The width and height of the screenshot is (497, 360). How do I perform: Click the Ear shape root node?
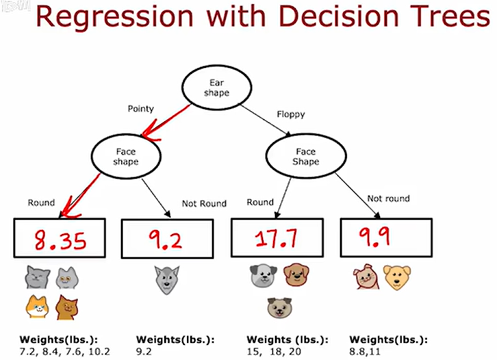216,88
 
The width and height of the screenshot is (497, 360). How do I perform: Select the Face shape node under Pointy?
125,157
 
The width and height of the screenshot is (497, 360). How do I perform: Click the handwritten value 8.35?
59,240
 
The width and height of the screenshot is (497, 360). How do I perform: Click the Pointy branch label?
141,108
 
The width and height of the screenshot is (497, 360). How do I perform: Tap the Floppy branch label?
290,114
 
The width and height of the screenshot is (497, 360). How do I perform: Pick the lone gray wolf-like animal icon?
166,278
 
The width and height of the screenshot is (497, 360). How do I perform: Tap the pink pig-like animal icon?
364,277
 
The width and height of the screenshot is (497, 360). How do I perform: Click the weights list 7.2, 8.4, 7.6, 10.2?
56,351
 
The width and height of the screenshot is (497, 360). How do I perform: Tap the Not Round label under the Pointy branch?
203,203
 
